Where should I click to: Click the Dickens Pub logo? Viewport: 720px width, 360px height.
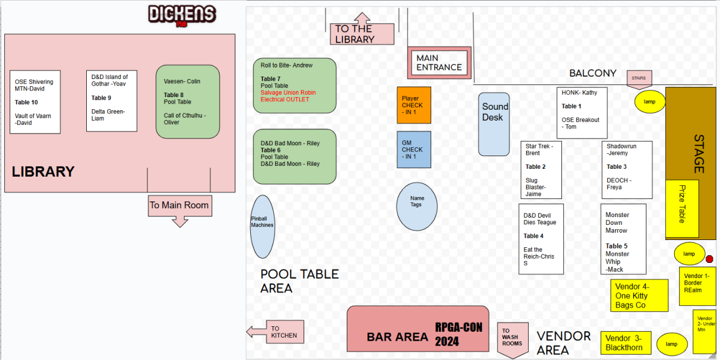182,15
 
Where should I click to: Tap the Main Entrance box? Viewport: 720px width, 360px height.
439,63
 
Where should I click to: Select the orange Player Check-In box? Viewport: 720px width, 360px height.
414,105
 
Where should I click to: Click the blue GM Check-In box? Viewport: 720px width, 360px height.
414,149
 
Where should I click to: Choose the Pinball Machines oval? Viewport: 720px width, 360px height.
262,226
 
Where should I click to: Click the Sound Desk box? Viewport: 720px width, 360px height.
494,124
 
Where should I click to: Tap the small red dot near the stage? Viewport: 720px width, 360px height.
709,259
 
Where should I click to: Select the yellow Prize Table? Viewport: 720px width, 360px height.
681,209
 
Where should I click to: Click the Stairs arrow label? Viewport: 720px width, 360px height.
639,80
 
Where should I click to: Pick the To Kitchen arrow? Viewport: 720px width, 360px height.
276,332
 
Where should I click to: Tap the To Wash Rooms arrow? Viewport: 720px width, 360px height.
511,338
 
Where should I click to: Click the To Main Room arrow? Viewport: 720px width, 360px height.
179,209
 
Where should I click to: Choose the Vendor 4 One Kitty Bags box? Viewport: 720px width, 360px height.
639,295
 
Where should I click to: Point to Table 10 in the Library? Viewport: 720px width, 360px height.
35,102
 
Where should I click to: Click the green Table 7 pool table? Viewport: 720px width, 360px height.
294,85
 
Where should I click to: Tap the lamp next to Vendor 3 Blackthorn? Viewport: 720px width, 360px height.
671,344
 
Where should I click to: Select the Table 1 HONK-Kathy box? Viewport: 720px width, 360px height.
582,112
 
